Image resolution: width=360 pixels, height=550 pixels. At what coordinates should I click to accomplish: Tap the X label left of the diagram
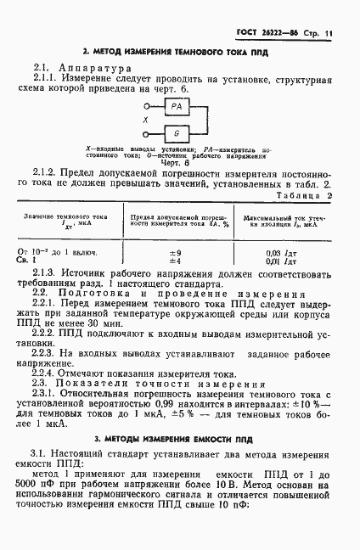[145, 120]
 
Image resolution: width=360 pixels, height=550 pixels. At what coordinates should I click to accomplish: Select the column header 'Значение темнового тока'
[69, 217]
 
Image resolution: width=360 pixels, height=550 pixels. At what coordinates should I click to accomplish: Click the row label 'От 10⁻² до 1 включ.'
[59, 253]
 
